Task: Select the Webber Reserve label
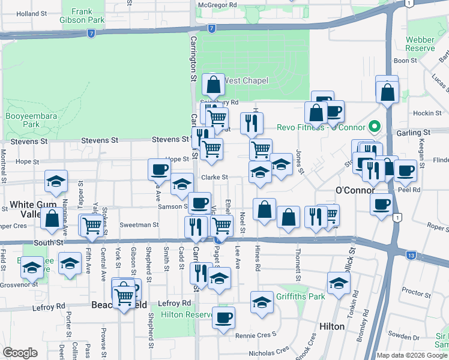420,44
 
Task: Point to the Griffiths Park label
300,296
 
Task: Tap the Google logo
20,353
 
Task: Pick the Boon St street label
405,61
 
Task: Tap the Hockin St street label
427,113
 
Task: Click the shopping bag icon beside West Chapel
214,85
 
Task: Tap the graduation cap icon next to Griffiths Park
262,303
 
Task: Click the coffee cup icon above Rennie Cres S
223,318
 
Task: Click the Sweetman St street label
139,225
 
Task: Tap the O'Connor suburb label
355,190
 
